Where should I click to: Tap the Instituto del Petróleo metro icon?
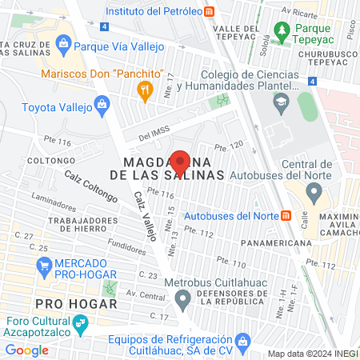point(210,11)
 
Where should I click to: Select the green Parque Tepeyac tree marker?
point(281,30)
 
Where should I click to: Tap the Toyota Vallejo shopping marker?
point(102,104)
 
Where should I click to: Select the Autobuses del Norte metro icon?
point(286,216)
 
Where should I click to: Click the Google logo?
point(27,350)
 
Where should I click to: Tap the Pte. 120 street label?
point(229,146)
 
